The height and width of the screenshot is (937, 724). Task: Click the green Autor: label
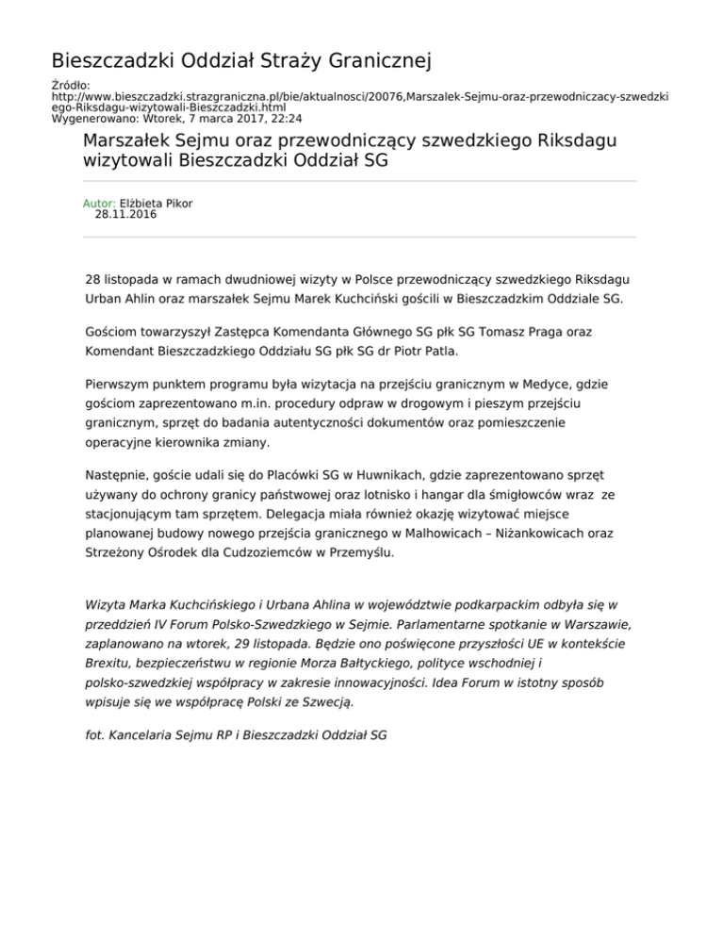(99, 203)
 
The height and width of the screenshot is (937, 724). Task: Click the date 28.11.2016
(126, 215)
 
